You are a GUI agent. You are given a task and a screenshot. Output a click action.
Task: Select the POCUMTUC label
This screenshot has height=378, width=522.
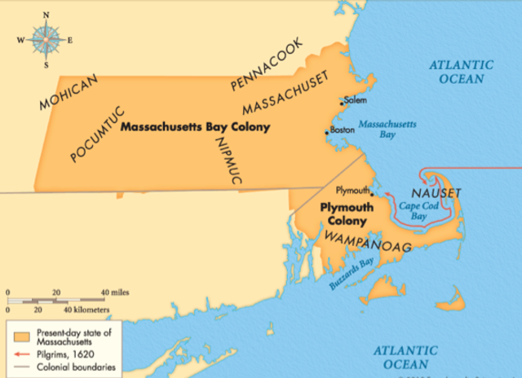(x=99, y=133)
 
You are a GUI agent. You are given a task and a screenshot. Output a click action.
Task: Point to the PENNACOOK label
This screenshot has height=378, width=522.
(x=266, y=63)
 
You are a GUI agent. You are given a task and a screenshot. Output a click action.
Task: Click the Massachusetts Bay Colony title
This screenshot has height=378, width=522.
(x=195, y=128)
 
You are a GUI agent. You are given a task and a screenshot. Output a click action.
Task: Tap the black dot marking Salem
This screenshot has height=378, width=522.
(x=342, y=103)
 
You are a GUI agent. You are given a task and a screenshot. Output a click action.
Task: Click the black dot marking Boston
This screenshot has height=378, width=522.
(x=327, y=132)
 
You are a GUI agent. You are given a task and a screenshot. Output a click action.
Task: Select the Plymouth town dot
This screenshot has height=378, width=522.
(x=372, y=194)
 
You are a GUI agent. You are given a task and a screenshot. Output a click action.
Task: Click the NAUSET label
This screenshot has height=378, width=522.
(x=437, y=192)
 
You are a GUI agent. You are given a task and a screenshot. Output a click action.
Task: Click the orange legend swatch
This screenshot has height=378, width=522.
(x=21, y=336)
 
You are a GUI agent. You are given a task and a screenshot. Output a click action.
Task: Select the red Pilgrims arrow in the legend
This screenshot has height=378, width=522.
(x=21, y=354)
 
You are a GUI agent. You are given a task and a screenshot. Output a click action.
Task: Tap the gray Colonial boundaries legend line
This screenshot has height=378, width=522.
(x=21, y=367)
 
